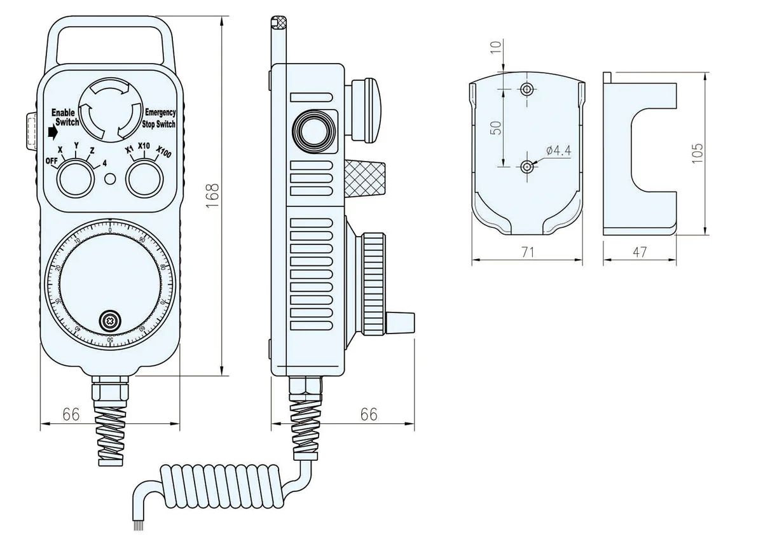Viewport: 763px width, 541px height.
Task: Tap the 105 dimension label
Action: (x=698, y=153)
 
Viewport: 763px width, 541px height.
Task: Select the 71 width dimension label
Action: (x=527, y=252)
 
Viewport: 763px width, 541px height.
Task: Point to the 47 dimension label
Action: (x=640, y=252)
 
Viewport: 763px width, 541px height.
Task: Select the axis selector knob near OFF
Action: (x=74, y=178)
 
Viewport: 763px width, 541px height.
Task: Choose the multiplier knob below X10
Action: (x=143, y=178)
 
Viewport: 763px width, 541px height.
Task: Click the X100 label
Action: (x=164, y=153)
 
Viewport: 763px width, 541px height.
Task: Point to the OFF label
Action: (x=52, y=161)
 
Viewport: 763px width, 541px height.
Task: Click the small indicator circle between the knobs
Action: (x=110, y=180)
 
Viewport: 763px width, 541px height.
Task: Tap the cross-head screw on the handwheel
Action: (x=110, y=321)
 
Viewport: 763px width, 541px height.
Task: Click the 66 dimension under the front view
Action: (x=71, y=414)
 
